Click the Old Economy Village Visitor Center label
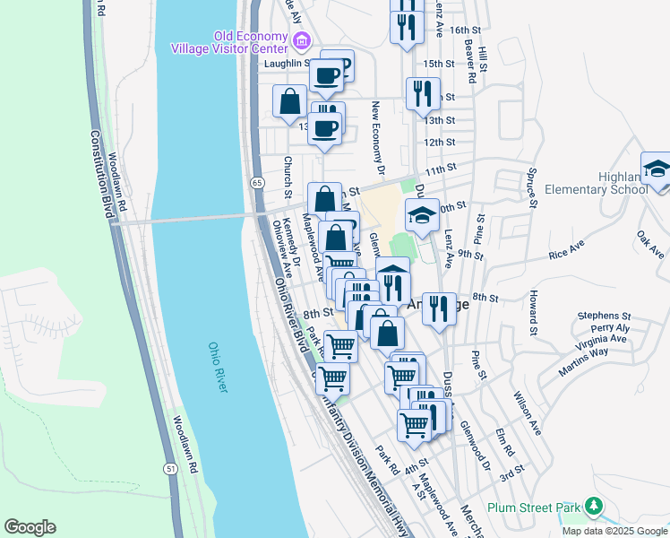click(250, 42)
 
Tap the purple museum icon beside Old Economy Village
click(301, 41)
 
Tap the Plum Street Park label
click(533, 508)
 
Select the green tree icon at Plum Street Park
click(591, 507)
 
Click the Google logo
click(30, 527)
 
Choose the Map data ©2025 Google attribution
click(614, 531)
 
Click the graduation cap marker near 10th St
click(422, 215)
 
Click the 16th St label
click(467, 30)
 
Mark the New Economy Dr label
click(378, 139)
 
